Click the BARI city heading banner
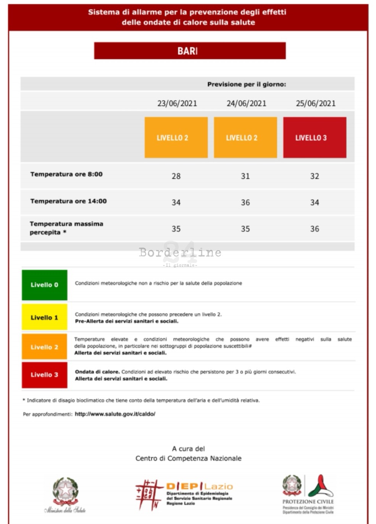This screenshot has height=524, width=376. pyautogui.click(x=190, y=51)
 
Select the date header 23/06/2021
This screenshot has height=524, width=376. pyautogui.click(x=177, y=103)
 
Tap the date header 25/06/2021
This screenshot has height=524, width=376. pyautogui.click(x=315, y=103)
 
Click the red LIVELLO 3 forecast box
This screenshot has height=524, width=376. pyautogui.click(x=315, y=137)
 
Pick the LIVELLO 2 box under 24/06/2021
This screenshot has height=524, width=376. pyautogui.click(x=245, y=137)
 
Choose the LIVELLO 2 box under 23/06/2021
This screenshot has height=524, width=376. pyautogui.click(x=176, y=137)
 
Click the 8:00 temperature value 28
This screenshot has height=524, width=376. pyautogui.click(x=176, y=176)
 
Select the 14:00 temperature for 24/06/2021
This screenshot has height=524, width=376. pyautogui.click(x=245, y=202)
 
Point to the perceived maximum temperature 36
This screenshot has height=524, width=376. pyautogui.click(x=314, y=229)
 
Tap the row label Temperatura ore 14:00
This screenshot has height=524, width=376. pyautogui.click(x=68, y=201)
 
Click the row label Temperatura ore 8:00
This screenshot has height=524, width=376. pyautogui.click(x=66, y=174)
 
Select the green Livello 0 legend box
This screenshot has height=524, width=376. pyautogui.click(x=45, y=285)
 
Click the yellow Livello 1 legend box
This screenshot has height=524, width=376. pyautogui.click(x=45, y=317)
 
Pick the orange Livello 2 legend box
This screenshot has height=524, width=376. pyautogui.click(x=45, y=347)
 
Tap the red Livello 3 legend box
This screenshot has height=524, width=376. pyautogui.click(x=45, y=375)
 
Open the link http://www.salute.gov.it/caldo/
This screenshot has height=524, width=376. pyautogui.click(x=115, y=414)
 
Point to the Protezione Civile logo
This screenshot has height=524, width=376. pyautogui.click(x=308, y=494)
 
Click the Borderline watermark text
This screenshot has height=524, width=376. pyautogui.click(x=180, y=252)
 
